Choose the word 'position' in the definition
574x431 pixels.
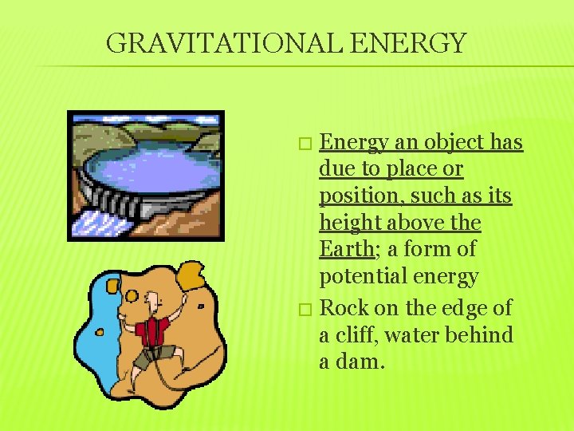click(x=356, y=196)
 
